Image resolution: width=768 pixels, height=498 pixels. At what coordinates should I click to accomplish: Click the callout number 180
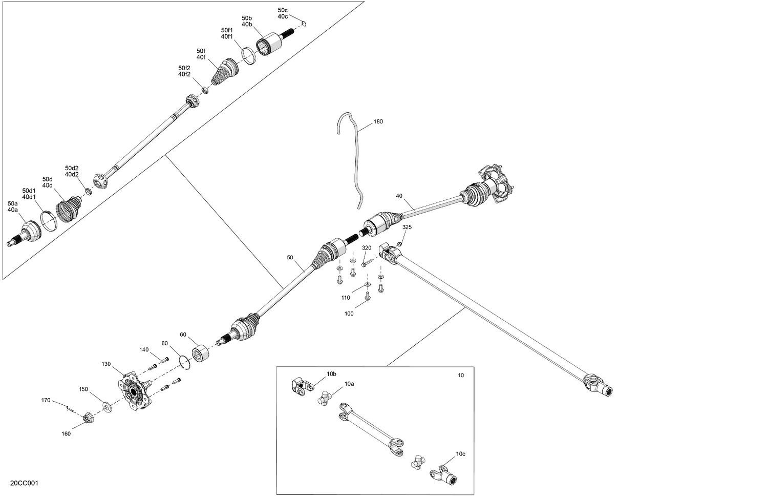pos(378,122)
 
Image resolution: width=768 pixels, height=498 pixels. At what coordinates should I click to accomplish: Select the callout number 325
pos(407,227)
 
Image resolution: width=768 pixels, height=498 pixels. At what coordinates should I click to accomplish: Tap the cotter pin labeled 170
pos(70,408)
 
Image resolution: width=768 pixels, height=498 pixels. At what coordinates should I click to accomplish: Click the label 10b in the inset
pos(332,374)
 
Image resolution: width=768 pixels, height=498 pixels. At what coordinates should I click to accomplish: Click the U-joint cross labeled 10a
pos(324,398)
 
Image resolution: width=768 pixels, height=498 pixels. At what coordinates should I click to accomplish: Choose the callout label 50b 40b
pos(247,21)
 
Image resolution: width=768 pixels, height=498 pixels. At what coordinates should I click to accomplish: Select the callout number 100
pos(349,313)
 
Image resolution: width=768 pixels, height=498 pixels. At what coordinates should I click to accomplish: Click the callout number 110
pos(346,298)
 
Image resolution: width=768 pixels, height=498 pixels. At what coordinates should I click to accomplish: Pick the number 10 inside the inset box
pos(461,376)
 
